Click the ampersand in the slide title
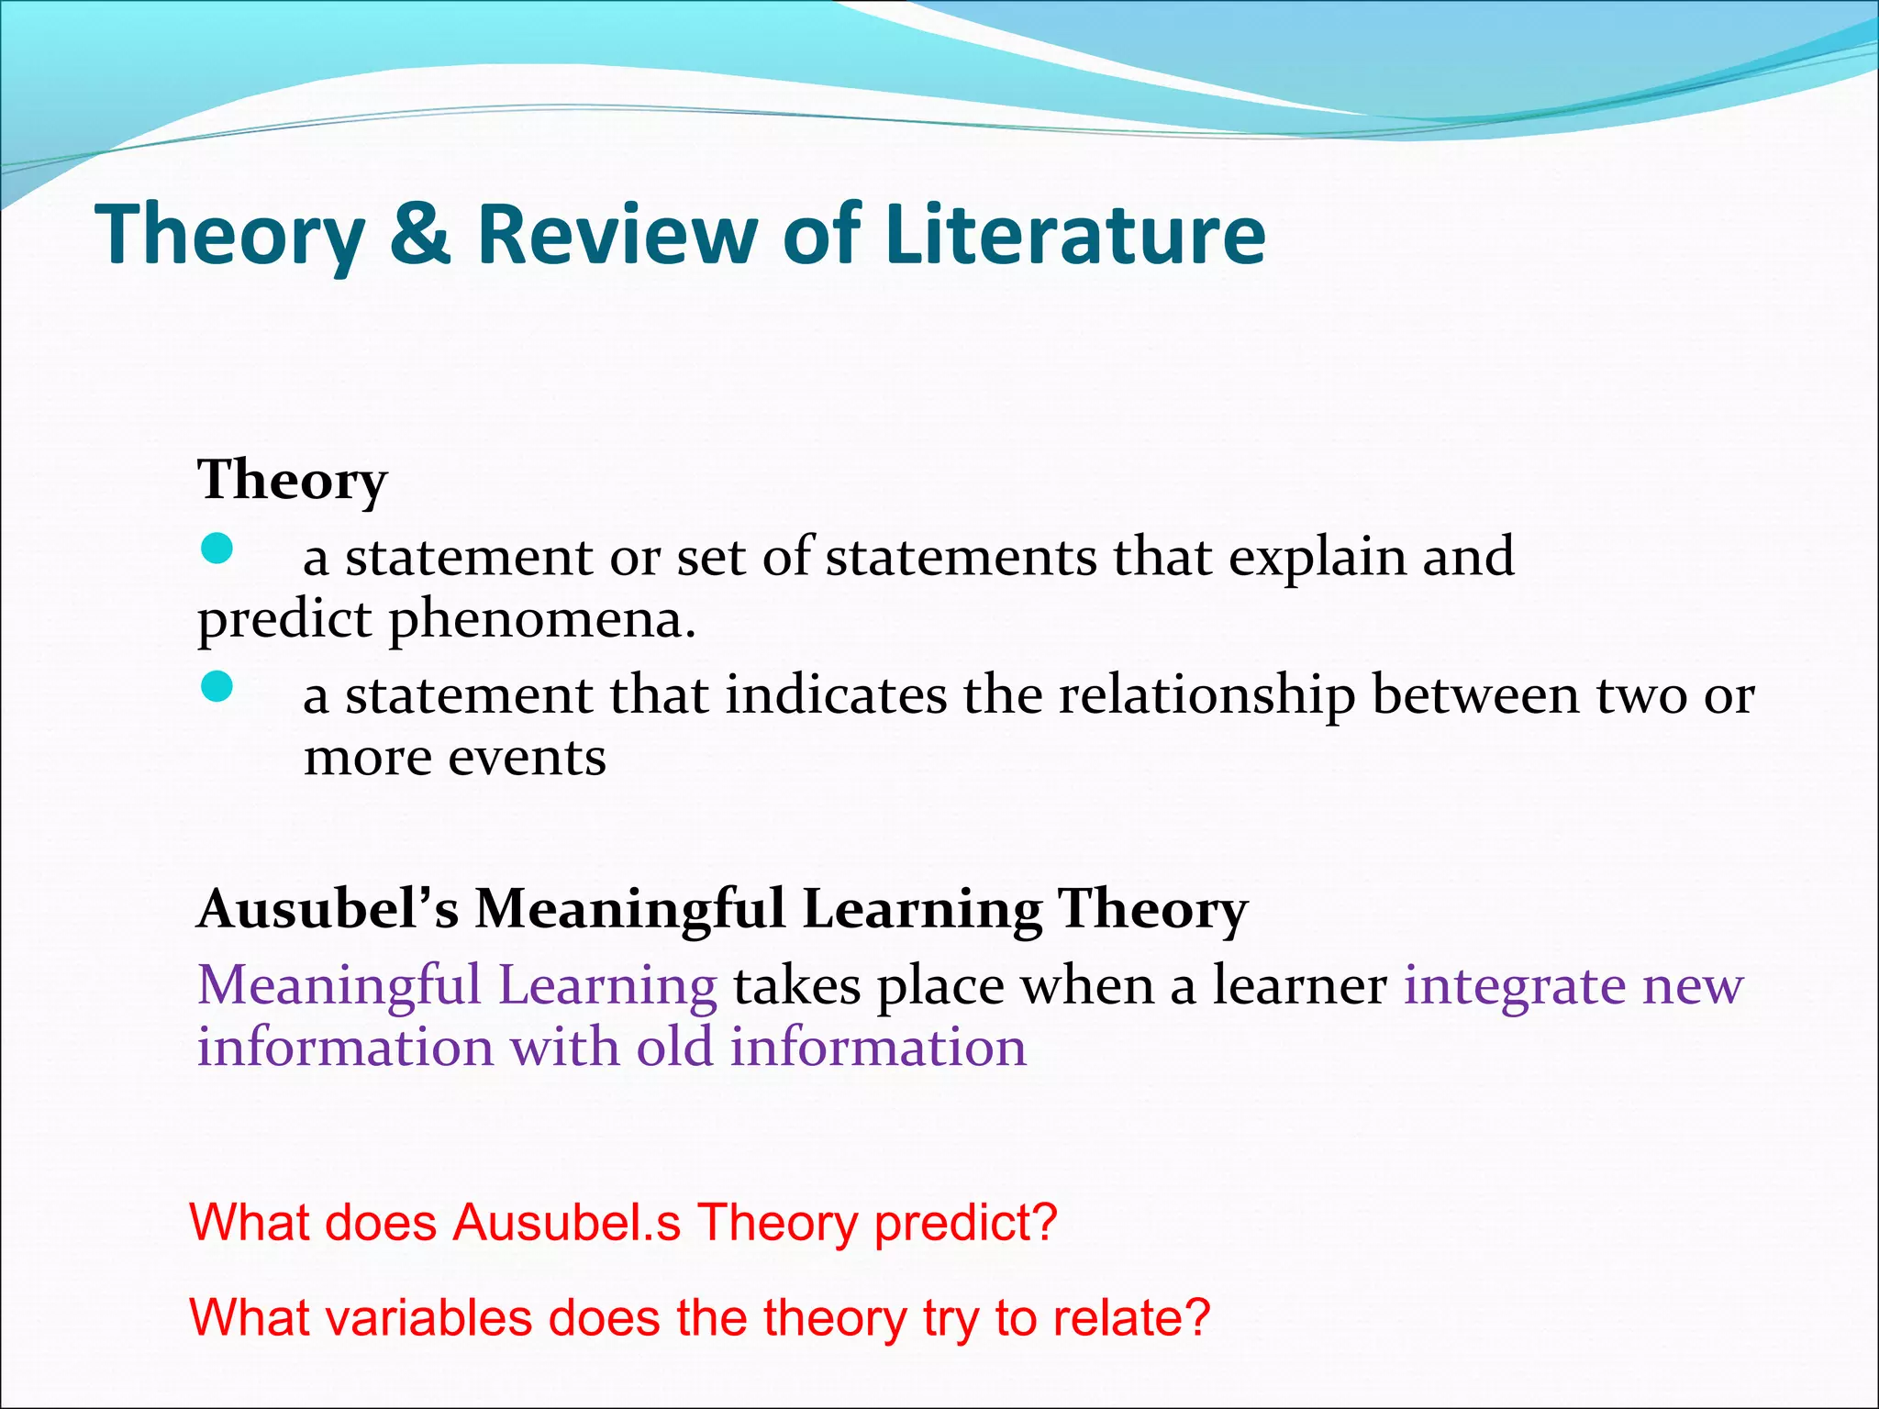pyautogui.click(x=419, y=235)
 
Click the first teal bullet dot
pyautogui.click(x=217, y=549)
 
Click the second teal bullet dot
pyautogui.click(x=217, y=686)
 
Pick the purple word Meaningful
pyautogui.click(x=339, y=987)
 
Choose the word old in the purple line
pyautogui.click(x=674, y=1048)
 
